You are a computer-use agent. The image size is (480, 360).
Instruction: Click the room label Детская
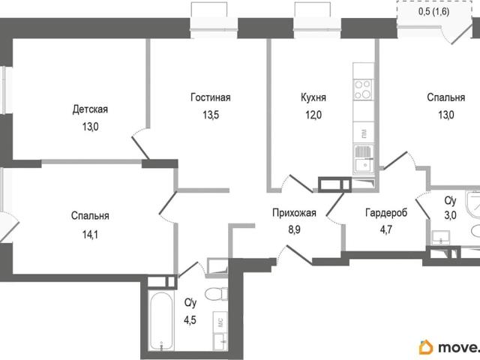point(90,109)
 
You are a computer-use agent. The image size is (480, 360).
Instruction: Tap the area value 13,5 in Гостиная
point(211,115)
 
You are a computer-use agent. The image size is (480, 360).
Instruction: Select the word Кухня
point(313,97)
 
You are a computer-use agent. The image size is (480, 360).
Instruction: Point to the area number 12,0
point(313,115)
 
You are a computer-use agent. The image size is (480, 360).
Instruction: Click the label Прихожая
point(294,213)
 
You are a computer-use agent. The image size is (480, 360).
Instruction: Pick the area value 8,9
point(294,229)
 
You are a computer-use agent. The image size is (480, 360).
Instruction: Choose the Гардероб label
point(386,212)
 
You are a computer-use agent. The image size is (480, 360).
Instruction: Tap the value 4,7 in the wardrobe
point(386,229)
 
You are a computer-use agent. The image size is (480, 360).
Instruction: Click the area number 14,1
point(90,235)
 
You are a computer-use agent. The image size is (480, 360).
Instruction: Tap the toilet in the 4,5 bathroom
point(216,294)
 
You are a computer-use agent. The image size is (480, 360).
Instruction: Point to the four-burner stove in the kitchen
point(363,89)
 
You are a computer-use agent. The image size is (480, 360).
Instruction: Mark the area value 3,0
point(450,215)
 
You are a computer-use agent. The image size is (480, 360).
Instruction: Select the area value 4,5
point(190,320)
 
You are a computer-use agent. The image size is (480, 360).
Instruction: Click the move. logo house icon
point(426,347)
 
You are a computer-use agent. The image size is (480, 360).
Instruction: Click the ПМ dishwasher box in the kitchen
point(363,133)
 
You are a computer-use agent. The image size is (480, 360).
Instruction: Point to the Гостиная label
point(211,97)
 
